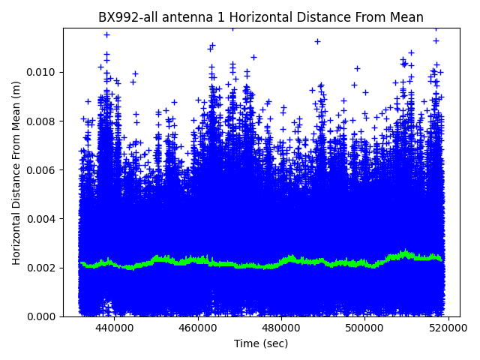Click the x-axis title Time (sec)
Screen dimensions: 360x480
pyautogui.click(x=261, y=343)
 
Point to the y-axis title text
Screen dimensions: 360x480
pyautogui.click(x=16, y=172)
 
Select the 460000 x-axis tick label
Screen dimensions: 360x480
pyautogui.click(x=198, y=328)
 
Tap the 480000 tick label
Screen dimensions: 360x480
pyautogui.click(x=282, y=328)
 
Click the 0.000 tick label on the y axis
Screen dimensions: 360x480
pyautogui.click(x=43, y=316)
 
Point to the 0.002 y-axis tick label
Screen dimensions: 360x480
pyautogui.click(x=43, y=268)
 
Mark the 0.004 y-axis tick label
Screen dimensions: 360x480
pyautogui.click(x=43, y=219)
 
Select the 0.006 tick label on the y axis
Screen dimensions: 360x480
pyautogui.click(x=43, y=170)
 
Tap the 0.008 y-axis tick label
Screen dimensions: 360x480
pyautogui.click(x=43, y=121)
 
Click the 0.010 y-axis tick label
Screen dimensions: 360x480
pyautogui.click(x=43, y=72)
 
